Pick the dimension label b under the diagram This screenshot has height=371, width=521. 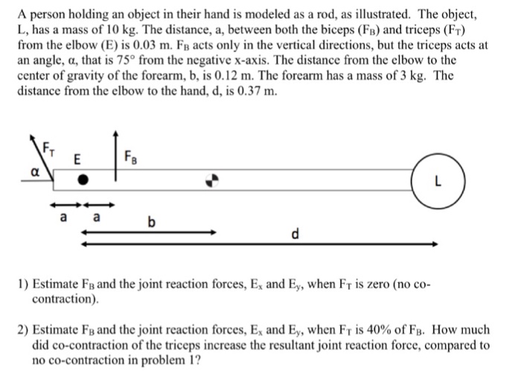tap(153, 221)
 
